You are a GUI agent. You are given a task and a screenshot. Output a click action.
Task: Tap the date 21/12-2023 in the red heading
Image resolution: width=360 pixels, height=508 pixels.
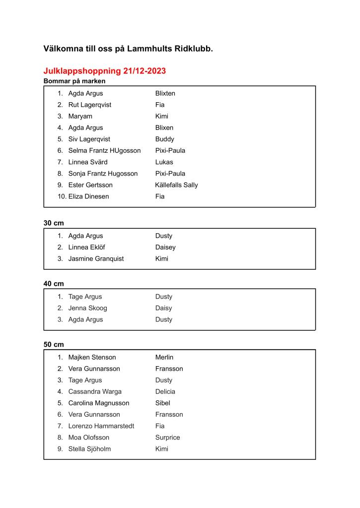(144, 71)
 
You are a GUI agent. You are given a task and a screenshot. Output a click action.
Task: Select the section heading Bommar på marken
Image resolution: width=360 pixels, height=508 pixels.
(74, 81)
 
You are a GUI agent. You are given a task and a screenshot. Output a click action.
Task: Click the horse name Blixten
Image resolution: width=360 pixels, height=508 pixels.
(165, 93)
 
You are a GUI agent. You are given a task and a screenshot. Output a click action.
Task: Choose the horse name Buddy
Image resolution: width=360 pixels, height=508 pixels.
(164, 139)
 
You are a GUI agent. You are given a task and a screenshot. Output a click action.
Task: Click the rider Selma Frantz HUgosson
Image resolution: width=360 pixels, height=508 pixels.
(104, 150)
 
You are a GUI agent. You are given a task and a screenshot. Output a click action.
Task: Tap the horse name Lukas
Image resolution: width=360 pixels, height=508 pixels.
(164, 162)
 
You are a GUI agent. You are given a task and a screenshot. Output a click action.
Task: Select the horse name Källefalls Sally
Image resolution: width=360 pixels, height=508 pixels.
(176, 185)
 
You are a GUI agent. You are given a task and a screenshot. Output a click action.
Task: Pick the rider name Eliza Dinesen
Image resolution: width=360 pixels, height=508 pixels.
(88, 196)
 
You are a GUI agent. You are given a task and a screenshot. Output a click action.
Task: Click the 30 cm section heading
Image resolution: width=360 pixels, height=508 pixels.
(54, 223)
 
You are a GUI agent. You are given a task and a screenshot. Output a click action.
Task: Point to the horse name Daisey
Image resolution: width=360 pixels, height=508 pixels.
(165, 247)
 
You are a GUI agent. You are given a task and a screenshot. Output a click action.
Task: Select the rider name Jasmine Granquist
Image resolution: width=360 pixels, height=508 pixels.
(96, 258)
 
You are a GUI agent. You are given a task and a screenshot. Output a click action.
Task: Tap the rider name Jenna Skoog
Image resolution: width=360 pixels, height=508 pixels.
(87, 308)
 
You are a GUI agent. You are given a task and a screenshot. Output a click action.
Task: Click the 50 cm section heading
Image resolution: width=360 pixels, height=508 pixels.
(54, 344)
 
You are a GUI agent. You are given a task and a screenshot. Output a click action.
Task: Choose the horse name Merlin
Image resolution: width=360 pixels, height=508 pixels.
(164, 357)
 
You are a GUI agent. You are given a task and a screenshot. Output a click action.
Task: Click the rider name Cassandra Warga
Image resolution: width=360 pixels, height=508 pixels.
(95, 391)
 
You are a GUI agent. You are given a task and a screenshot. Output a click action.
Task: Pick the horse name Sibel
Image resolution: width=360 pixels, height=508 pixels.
(162, 403)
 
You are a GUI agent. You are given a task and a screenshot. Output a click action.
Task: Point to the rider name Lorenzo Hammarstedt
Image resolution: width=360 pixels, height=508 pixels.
(101, 426)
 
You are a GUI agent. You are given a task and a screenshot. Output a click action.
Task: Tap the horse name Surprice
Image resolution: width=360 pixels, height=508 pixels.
(167, 438)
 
